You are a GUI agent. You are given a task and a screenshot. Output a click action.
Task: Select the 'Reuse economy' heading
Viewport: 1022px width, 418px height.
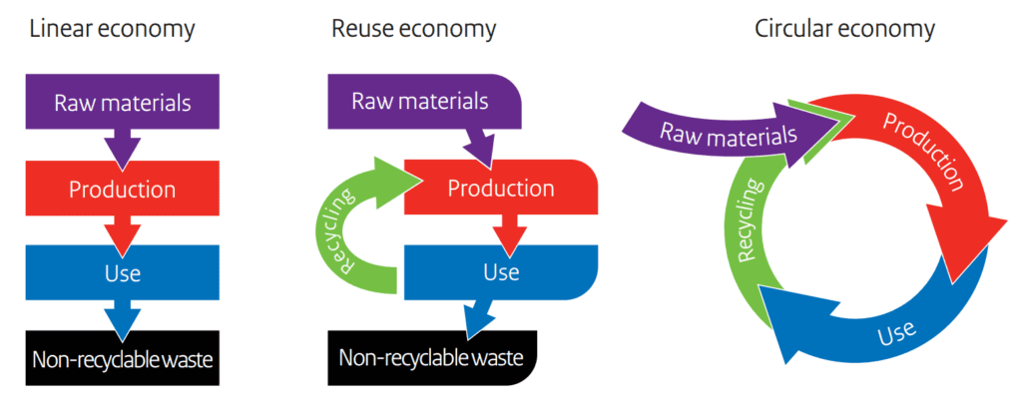point(413,29)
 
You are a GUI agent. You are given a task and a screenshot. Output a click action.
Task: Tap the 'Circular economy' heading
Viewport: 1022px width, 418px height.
point(844,29)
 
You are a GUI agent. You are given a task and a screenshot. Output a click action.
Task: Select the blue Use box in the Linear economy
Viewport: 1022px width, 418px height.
point(123,272)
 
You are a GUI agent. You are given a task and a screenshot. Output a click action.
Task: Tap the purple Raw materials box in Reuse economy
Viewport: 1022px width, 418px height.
point(419,102)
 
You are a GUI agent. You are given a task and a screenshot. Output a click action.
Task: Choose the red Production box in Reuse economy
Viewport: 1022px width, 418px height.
point(500,188)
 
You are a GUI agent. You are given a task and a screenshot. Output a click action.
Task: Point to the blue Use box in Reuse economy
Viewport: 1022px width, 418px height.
point(500,271)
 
